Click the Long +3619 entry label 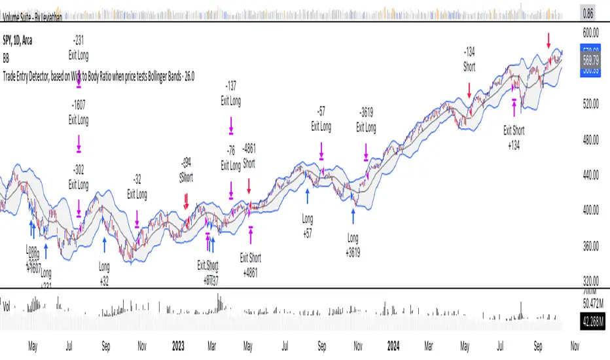point(353,241)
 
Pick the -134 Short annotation point(469,59)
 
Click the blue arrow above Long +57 point(308,195)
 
